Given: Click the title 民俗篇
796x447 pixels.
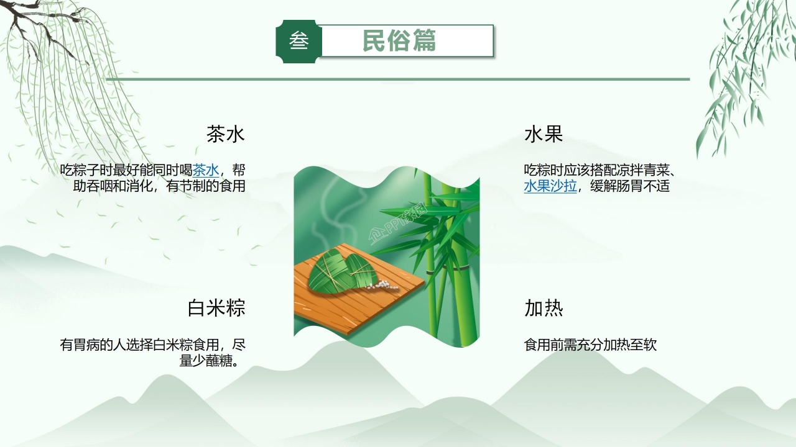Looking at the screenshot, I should tap(399, 41).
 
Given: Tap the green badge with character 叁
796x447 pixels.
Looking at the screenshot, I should tap(298, 42).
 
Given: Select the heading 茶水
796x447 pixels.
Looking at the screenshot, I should tap(226, 134).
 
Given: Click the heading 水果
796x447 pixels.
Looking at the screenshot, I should tap(544, 134).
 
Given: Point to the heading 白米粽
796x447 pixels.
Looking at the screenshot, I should tap(216, 308).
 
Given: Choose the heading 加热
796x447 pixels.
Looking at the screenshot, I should tap(544, 308).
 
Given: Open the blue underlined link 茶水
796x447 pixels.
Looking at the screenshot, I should tap(206, 170).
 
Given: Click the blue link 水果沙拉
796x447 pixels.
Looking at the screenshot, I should tap(550, 186).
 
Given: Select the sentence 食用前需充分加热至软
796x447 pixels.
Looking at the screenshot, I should tap(590, 345).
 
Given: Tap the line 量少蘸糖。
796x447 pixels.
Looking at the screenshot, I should tap(211, 361).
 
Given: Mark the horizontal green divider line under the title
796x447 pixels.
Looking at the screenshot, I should tap(398, 79).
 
